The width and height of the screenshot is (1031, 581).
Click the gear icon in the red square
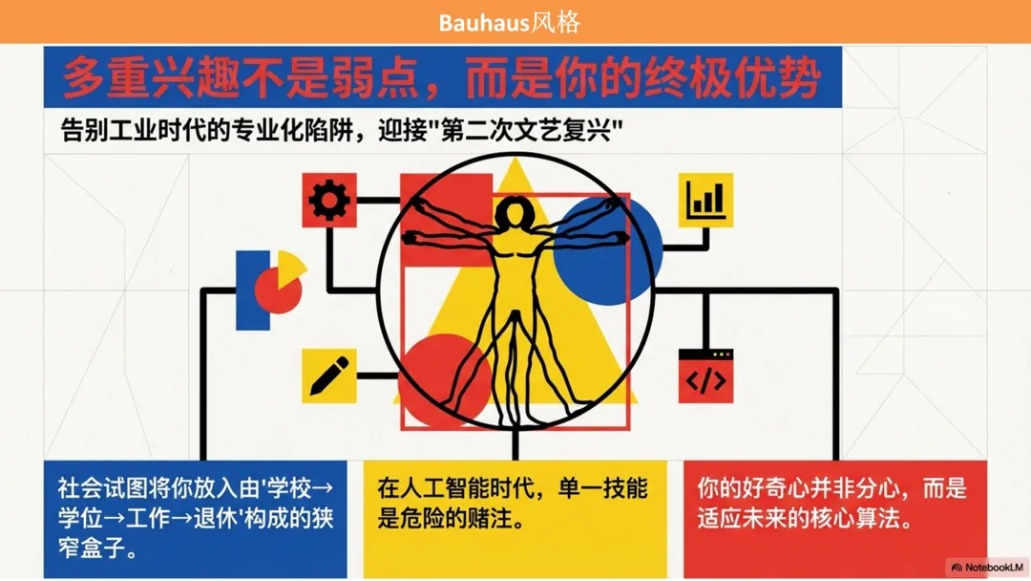click(329, 201)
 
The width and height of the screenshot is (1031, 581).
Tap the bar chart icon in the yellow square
click(705, 200)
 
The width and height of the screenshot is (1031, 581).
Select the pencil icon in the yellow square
click(329, 376)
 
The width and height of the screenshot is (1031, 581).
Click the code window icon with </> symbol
click(706, 377)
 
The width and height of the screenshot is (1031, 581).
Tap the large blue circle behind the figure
click(607, 249)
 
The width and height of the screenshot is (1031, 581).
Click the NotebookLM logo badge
click(987, 568)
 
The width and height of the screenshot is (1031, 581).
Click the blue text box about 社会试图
click(196, 519)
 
